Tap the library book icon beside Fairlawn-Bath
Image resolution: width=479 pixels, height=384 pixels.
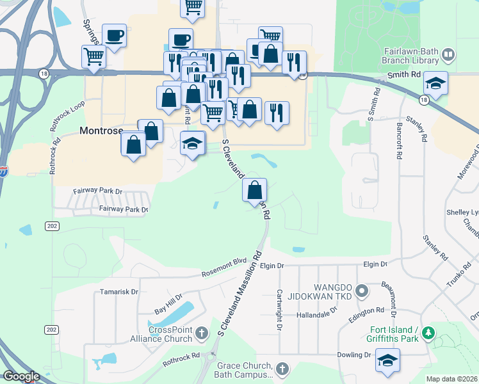coord(448,55)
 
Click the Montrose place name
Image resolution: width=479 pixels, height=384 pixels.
coord(101,130)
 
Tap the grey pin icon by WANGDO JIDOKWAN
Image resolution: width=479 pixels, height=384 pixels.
coord(362,292)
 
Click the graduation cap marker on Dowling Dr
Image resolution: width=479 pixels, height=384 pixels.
coord(387,360)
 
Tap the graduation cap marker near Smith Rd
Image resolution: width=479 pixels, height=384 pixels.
coord(436,84)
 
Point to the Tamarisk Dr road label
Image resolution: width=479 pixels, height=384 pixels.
coord(119,292)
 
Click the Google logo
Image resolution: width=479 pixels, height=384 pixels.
coord(21,376)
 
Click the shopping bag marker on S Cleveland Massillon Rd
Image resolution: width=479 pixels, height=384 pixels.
coord(255,189)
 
